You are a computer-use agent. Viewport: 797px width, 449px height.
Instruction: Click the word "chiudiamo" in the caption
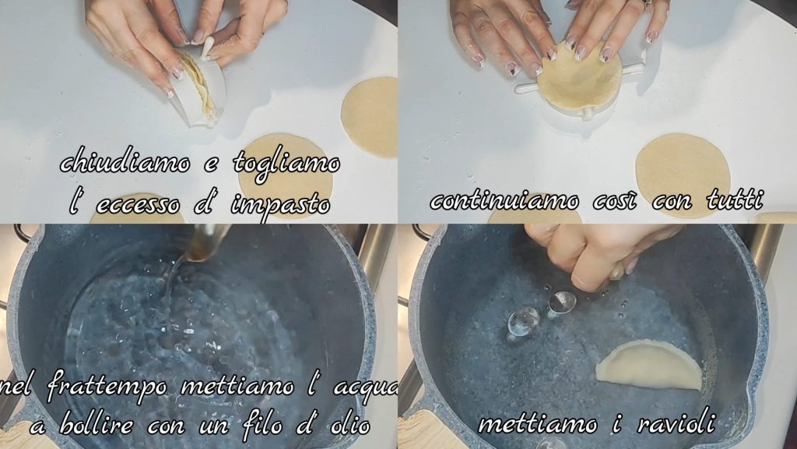[125, 164]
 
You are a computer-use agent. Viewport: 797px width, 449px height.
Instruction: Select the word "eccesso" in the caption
[138, 205]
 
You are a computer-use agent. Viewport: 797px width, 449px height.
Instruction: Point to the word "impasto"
[280, 205]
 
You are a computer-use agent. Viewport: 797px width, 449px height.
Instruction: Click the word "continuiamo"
[504, 200]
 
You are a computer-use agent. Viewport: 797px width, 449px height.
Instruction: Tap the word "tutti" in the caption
[735, 200]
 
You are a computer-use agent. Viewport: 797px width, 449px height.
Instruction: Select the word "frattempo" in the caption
[107, 387]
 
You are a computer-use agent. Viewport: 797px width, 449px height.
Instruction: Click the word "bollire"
[97, 425]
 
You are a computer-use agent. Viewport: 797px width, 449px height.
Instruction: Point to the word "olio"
[350, 425]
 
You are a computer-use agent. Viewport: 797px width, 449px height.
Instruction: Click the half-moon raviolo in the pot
[651, 363]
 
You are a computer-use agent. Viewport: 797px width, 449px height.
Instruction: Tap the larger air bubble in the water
[523, 321]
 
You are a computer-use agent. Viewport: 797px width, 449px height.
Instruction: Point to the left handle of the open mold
[527, 87]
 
